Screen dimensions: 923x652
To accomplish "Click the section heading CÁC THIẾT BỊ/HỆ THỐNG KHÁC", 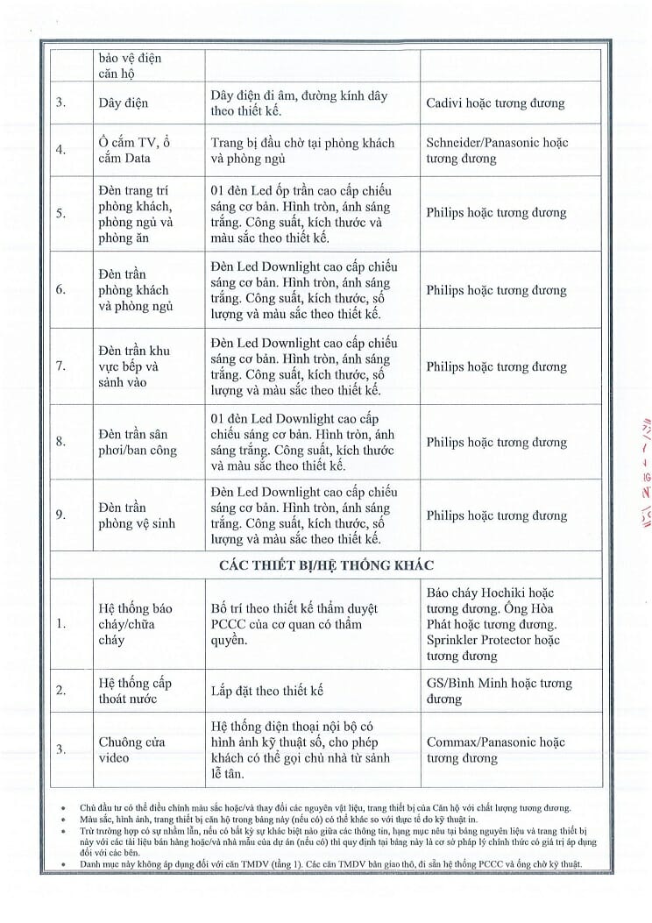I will pyautogui.click(x=325, y=564).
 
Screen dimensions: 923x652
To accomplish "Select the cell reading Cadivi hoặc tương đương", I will pyautogui.click(x=495, y=103).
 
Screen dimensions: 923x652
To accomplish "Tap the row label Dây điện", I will pyautogui.click(x=123, y=103).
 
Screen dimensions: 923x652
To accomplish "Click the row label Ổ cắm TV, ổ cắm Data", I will pyautogui.click(x=133, y=150).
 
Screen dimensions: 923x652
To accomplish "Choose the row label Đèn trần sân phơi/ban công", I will pyautogui.click(x=138, y=442).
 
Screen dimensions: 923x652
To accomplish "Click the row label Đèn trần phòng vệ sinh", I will pyautogui.click(x=137, y=515).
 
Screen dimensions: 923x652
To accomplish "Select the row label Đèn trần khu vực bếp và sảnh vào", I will pyautogui.click(x=134, y=366).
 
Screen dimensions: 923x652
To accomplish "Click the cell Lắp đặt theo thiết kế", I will pyautogui.click(x=267, y=691).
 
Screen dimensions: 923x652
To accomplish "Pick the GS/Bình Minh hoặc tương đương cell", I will pyautogui.click(x=500, y=691).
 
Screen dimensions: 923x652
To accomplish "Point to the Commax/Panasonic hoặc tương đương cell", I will pyautogui.click(x=496, y=749).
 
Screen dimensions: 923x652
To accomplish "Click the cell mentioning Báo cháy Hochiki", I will pyautogui.click(x=492, y=624).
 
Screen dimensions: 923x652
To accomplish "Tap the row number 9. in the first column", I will pyautogui.click(x=60, y=515).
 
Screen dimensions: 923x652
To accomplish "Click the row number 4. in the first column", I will pyautogui.click(x=60, y=150).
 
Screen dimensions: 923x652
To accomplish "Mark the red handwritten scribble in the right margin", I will pyautogui.click(x=644, y=473).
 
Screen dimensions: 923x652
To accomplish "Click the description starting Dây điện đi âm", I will pyautogui.click(x=299, y=103).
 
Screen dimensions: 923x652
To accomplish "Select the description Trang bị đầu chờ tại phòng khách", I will pyautogui.click(x=302, y=150).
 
